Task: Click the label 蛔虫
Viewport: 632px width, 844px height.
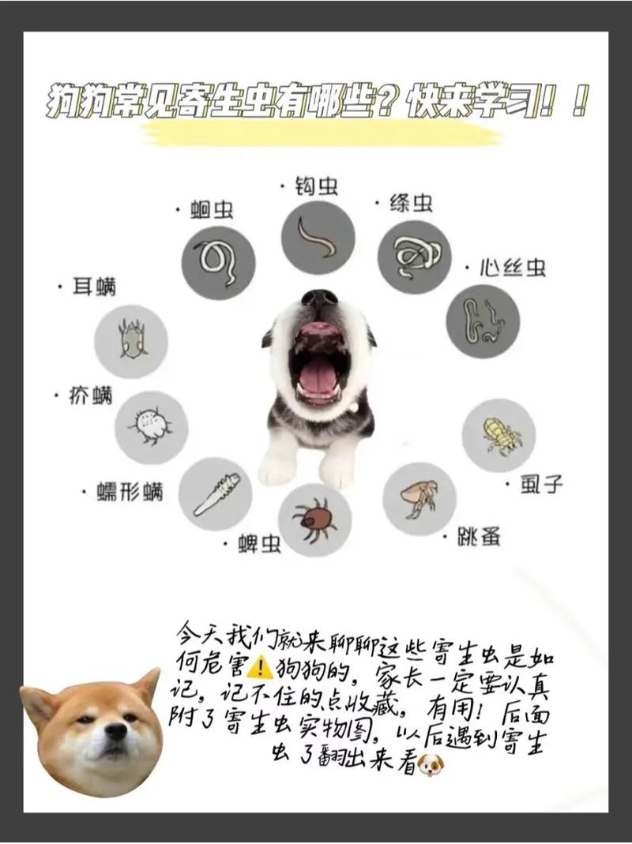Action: click(213, 210)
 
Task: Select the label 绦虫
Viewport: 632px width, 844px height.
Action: click(411, 204)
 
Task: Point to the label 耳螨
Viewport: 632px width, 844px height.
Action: click(94, 287)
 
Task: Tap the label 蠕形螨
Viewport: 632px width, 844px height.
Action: click(131, 493)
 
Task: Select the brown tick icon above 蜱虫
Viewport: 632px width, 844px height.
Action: click(314, 520)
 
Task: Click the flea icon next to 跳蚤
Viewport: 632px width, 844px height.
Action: click(419, 498)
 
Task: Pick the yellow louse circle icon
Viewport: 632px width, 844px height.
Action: click(498, 435)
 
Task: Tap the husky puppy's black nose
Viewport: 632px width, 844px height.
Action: click(319, 299)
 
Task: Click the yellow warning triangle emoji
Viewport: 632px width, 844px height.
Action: click(260, 668)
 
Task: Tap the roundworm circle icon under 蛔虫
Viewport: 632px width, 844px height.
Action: click(218, 262)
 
